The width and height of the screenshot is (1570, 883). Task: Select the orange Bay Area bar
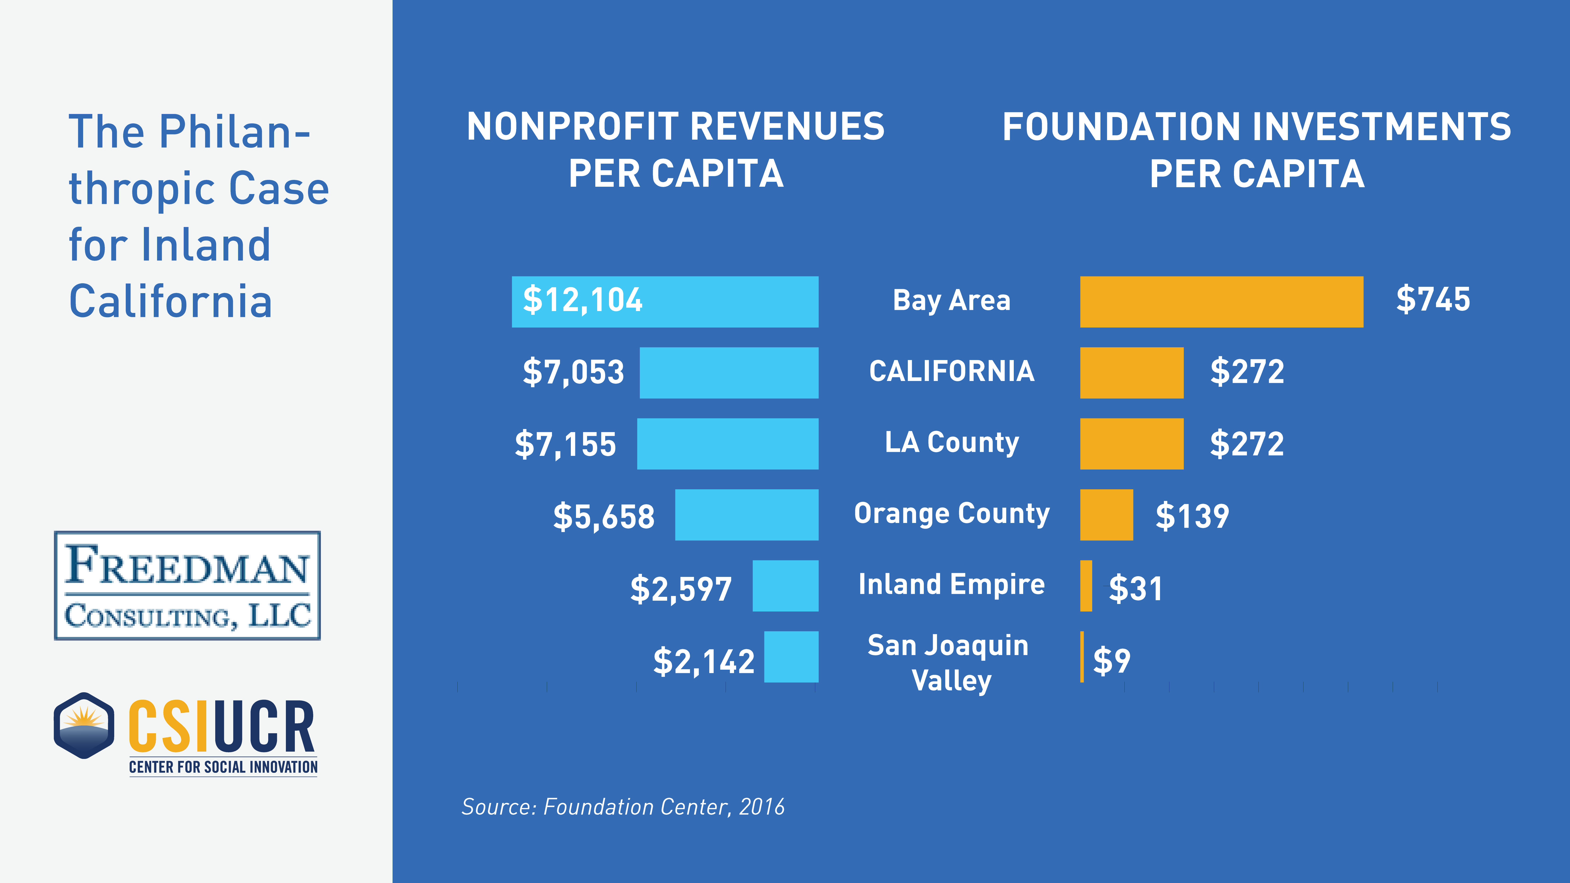[x=1221, y=302]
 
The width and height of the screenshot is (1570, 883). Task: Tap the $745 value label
[x=1433, y=299]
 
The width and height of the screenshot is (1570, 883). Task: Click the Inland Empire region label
[x=951, y=584]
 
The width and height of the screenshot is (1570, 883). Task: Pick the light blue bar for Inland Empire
[x=785, y=586]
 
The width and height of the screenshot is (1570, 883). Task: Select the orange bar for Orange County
[x=1106, y=515]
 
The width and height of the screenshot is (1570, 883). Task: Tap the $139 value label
[x=1192, y=516]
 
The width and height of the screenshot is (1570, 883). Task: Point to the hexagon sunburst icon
[x=84, y=725]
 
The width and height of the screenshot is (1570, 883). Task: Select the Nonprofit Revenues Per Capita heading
[x=675, y=150]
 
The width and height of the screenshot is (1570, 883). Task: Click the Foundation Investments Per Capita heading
[x=1257, y=150]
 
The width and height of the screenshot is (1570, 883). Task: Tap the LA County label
[x=951, y=442]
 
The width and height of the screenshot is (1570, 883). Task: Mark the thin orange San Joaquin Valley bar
[x=1082, y=657]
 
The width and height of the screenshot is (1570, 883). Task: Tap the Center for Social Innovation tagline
[x=223, y=767]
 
